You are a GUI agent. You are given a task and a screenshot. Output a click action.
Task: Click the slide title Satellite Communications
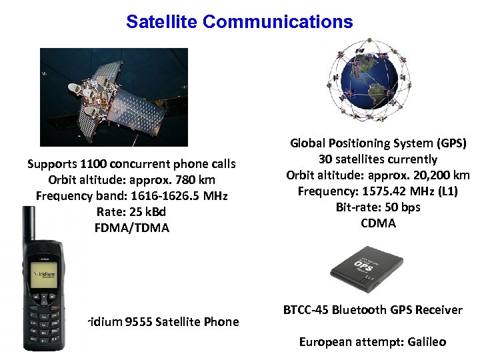239,21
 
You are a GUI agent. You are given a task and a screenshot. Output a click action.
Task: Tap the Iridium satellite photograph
114,97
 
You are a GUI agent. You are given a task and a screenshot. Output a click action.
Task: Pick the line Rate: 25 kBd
131,212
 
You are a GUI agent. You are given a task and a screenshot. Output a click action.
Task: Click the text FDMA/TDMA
132,228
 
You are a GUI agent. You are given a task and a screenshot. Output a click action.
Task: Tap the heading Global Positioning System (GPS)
378,143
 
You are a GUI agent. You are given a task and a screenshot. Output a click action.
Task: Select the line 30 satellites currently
378,159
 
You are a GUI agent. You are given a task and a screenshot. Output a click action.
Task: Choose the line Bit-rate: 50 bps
378,207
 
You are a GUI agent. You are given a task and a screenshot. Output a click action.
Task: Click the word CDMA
378,223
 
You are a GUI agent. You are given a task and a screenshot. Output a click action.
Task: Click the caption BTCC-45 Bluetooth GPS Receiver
373,309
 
